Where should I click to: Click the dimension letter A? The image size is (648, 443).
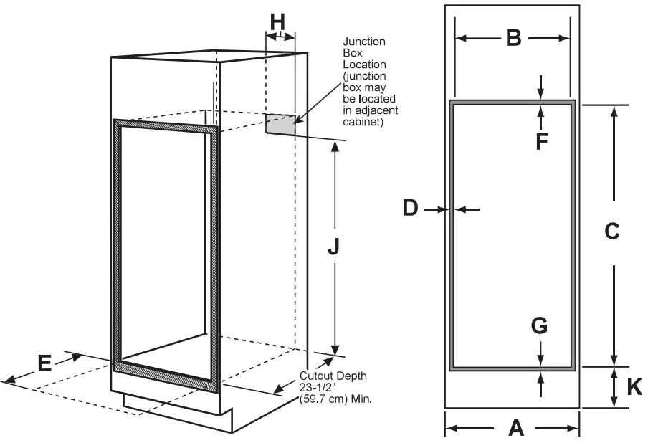515,428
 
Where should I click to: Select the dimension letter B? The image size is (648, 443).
513,38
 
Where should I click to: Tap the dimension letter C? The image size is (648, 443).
611,231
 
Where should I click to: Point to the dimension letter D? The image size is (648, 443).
410,208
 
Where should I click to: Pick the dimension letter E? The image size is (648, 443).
44,363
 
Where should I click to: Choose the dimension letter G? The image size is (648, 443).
540,326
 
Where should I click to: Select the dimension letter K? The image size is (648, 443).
634,387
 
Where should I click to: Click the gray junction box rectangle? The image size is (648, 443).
281,124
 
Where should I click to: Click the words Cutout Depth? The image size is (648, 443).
333,376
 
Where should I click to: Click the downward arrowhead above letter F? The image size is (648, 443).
540,95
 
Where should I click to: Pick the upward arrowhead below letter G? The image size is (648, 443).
540,376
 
